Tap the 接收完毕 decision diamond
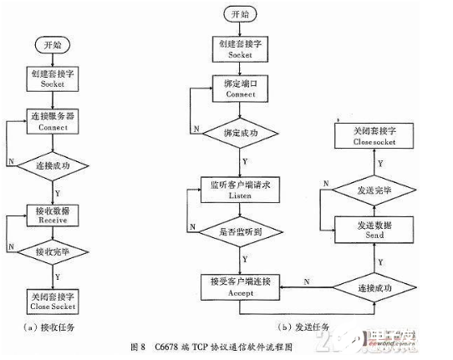click(x=52, y=251)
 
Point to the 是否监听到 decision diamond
click(x=241, y=230)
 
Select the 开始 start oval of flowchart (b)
click(x=241, y=13)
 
